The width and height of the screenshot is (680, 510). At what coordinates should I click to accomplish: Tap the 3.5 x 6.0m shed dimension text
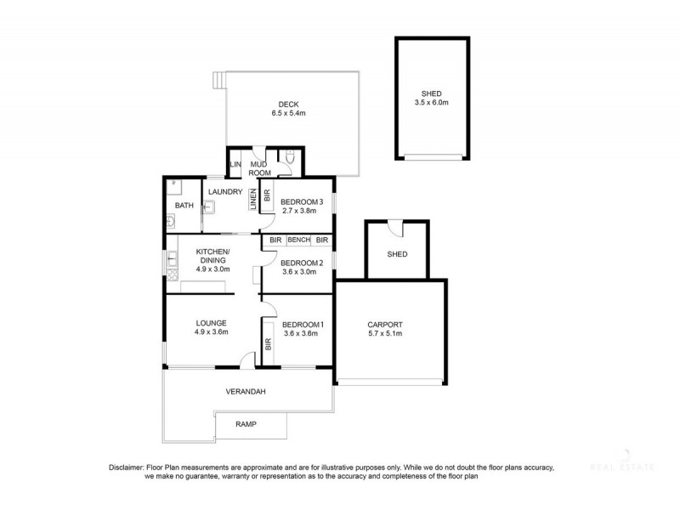pyautogui.click(x=432, y=102)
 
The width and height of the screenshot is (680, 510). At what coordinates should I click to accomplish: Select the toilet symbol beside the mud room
pyautogui.click(x=290, y=157)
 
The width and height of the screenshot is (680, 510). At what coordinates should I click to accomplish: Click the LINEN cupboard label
pyautogui.click(x=252, y=199)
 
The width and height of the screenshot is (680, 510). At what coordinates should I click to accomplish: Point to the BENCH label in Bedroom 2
pyautogui.click(x=298, y=241)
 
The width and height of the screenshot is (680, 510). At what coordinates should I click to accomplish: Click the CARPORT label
pyautogui.click(x=384, y=325)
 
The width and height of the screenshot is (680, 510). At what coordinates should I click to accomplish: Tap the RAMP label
pyautogui.click(x=246, y=424)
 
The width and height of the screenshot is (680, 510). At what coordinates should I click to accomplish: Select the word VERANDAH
pyautogui.click(x=246, y=392)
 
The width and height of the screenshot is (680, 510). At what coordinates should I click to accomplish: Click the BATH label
pyautogui.click(x=184, y=206)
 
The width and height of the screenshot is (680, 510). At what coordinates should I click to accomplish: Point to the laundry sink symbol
pyautogui.click(x=209, y=205)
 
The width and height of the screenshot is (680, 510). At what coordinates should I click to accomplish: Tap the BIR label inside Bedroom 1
pyautogui.click(x=269, y=344)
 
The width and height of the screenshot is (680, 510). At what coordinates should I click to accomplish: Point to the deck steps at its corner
pyautogui.click(x=220, y=81)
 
